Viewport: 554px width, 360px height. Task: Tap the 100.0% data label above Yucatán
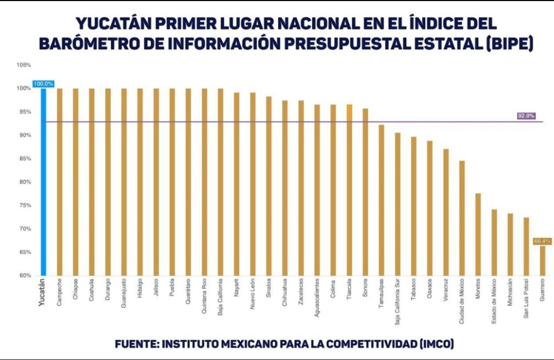43,84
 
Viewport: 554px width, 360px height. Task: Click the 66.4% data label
542,241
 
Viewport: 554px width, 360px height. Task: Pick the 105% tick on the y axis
24,65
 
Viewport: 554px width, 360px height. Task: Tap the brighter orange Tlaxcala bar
349,190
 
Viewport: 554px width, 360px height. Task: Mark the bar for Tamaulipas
381,200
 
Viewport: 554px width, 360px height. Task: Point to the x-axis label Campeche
60,292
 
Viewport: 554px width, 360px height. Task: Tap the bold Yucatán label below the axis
43,293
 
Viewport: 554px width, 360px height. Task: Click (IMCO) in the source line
436,344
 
